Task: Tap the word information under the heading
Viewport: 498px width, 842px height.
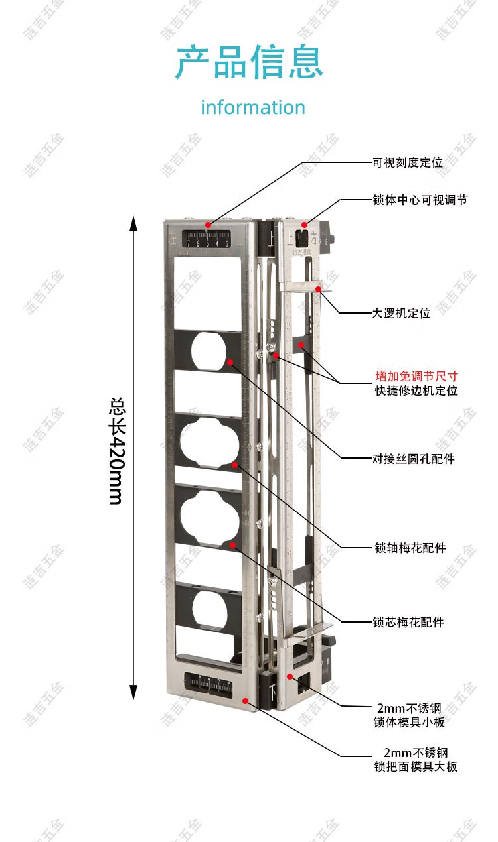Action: pyautogui.click(x=253, y=107)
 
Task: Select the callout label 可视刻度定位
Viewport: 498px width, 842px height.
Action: pyautogui.click(x=407, y=162)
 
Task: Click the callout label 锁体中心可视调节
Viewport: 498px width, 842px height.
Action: pyautogui.click(x=420, y=199)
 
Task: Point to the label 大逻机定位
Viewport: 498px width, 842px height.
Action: pyautogui.click(x=401, y=313)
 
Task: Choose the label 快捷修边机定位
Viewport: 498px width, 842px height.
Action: pyautogui.click(x=416, y=391)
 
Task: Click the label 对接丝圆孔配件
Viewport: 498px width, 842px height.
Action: pyautogui.click(x=413, y=458)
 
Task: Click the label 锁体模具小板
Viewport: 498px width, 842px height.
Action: pyautogui.click(x=409, y=721)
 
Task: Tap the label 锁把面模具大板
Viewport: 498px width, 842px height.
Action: pyautogui.click(x=416, y=766)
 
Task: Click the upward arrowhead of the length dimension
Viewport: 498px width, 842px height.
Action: pyautogui.click(x=133, y=223)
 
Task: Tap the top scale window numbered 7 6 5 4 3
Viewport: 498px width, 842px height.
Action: pyautogui.click(x=208, y=239)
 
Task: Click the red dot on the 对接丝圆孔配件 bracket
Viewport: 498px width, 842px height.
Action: pyautogui.click(x=230, y=361)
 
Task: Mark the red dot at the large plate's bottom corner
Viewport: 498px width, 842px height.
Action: pyautogui.click(x=246, y=700)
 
